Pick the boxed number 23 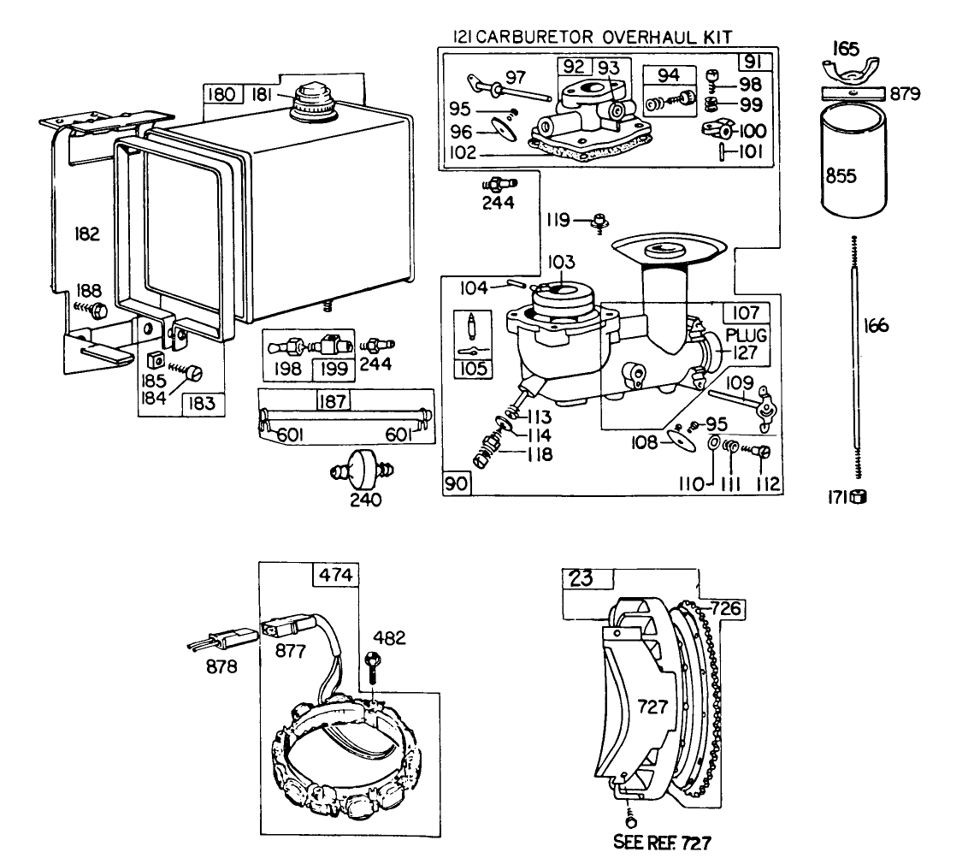coord(581,579)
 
